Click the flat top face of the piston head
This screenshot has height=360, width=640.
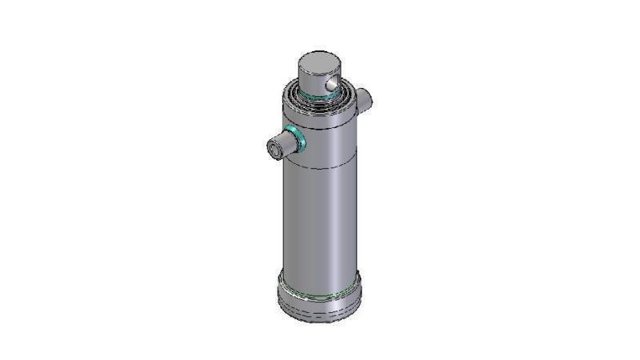tap(319, 62)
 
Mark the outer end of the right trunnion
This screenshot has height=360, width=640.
tap(369, 97)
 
